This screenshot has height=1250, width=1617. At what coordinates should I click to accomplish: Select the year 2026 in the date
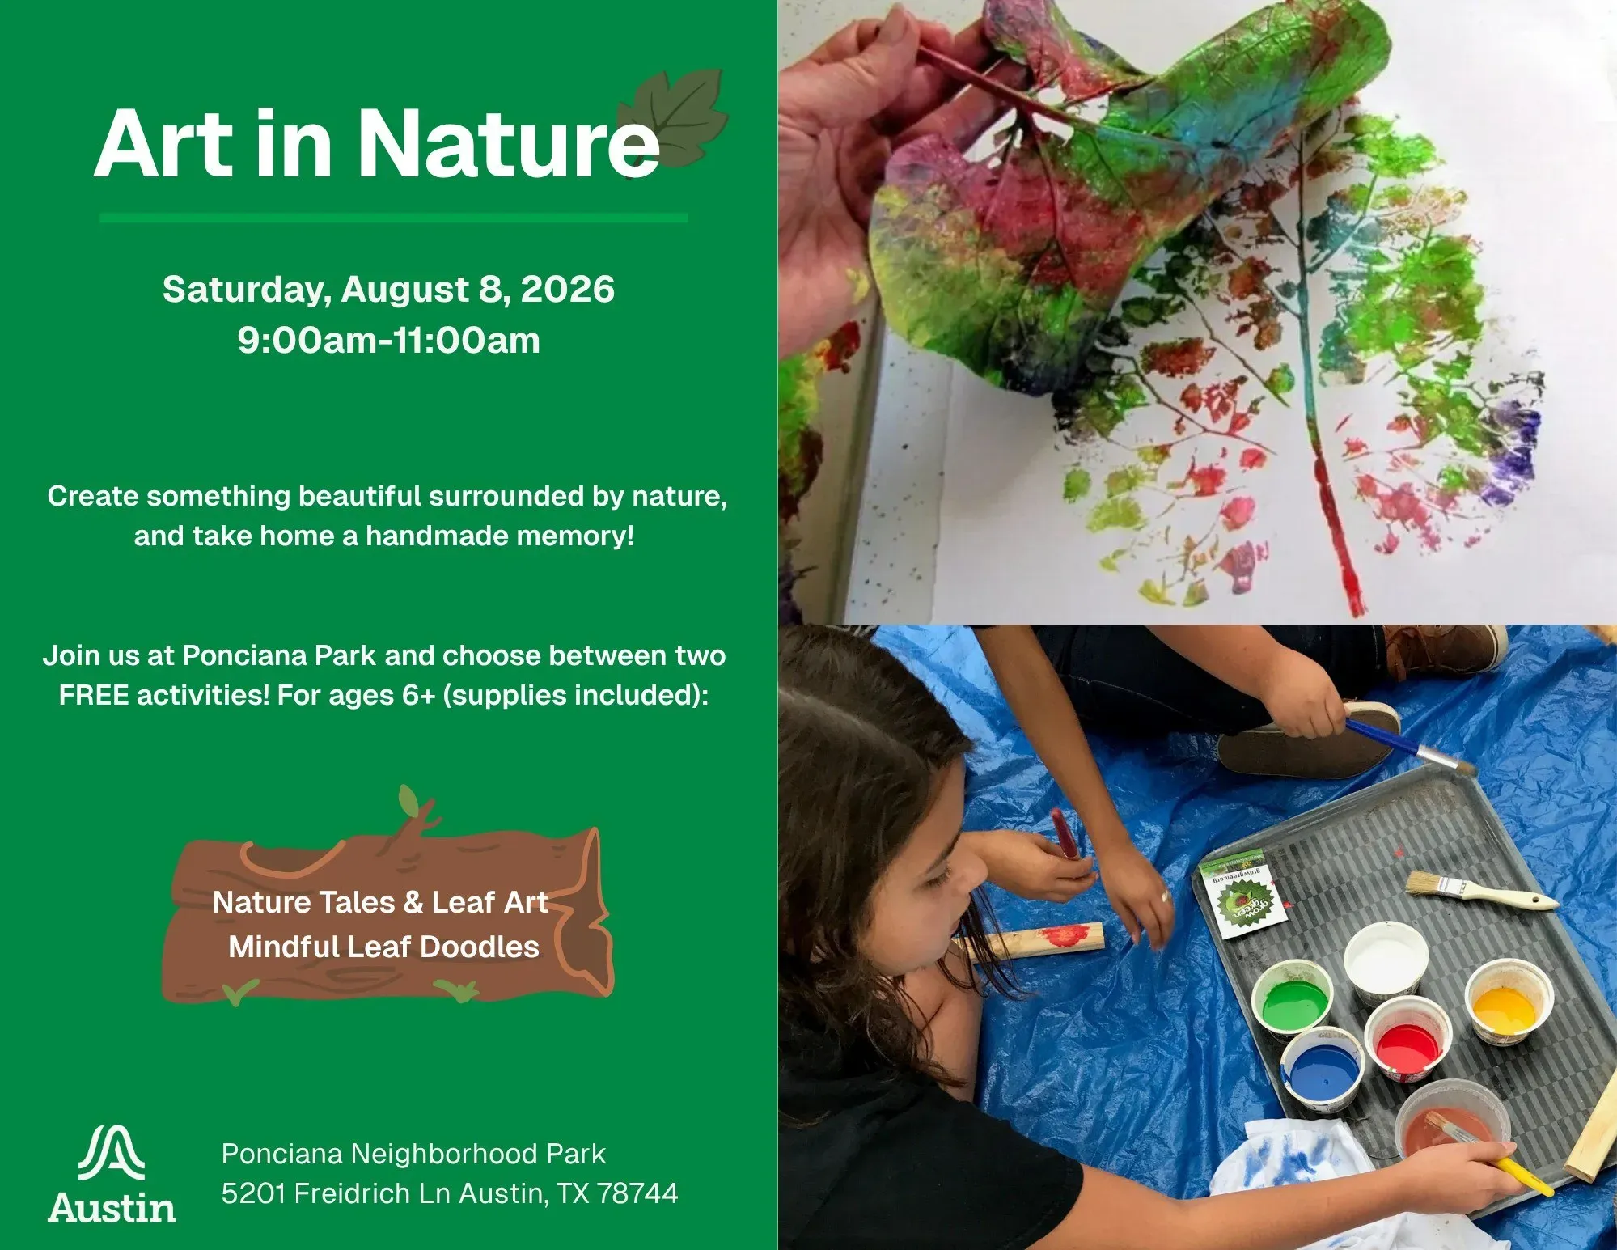[x=567, y=289]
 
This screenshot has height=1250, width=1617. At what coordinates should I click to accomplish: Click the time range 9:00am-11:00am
[x=389, y=340]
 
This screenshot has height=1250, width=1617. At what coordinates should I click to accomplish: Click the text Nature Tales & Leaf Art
[x=380, y=902]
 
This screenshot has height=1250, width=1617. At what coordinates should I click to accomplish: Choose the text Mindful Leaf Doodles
[x=383, y=947]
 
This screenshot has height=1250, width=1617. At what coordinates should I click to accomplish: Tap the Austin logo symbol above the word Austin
[x=112, y=1152]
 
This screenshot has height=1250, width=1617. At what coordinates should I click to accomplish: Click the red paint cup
[x=1407, y=1040]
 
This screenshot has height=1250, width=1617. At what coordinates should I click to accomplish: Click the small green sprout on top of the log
[x=408, y=801]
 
